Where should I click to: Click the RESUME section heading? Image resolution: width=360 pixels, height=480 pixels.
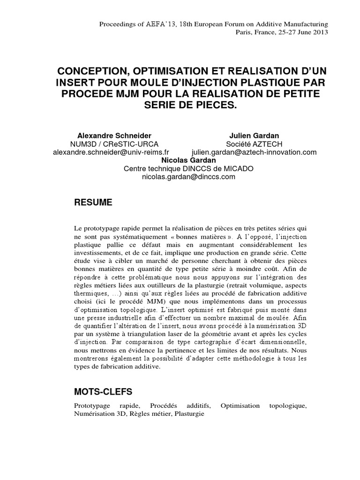[x=93, y=202]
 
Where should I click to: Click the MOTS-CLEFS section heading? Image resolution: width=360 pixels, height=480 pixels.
[x=103, y=390]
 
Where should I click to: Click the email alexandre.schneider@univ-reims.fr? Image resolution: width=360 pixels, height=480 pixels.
[x=111, y=152]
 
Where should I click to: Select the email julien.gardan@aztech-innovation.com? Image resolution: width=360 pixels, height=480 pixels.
[x=254, y=152]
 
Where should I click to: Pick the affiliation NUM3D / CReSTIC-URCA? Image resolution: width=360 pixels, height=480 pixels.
[x=111, y=143]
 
